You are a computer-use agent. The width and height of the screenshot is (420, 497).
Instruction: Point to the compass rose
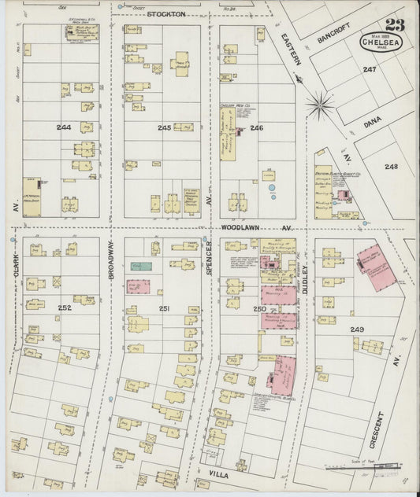pyautogui.click(x=320, y=101)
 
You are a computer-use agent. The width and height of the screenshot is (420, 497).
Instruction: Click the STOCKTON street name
pyautogui.click(x=166, y=14)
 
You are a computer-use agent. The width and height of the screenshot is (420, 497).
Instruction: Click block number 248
pyautogui.click(x=392, y=166)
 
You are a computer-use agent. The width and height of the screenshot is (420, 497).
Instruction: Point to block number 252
pyautogui.click(x=65, y=307)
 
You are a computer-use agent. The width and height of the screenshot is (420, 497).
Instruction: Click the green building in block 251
pyautogui.click(x=141, y=267)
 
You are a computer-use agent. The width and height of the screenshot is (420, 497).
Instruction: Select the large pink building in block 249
pyautogui.click(x=378, y=268)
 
